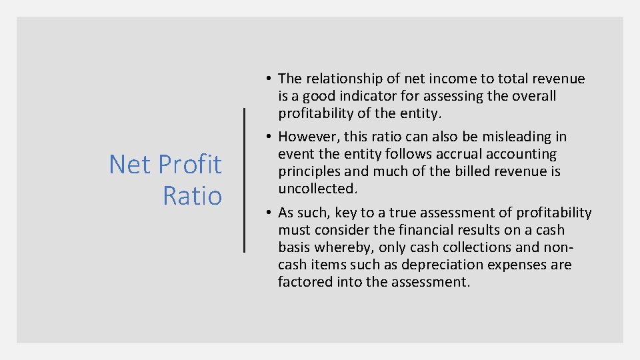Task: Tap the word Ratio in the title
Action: click(x=192, y=195)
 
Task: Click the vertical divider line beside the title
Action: click(x=245, y=180)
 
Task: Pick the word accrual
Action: click(x=460, y=154)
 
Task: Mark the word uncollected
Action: click(x=318, y=189)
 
